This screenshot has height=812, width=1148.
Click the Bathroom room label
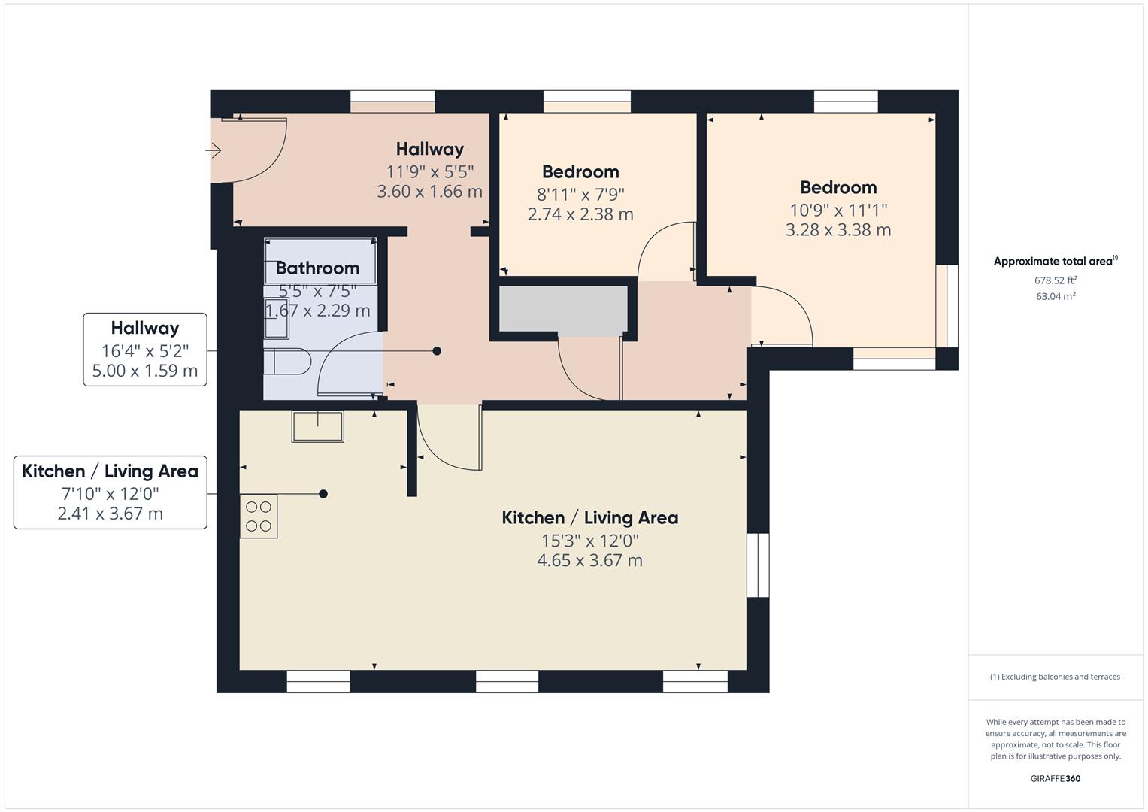(x=317, y=268)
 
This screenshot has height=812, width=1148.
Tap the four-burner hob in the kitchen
(x=259, y=517)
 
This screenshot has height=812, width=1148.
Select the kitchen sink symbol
(x=318, y=426)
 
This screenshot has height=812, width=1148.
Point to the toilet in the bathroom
(x=287, y=362)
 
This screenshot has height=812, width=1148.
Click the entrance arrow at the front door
(x=214, y=150)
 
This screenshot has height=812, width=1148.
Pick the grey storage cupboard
(x=563, y=308)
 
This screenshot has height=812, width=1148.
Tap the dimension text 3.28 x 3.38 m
(x=838, y=229)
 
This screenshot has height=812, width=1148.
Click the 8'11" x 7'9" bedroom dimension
(x=580, y=194)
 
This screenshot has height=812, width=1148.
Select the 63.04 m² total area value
(x=1056, y=296)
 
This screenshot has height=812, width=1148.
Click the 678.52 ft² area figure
(x=1056, y=280)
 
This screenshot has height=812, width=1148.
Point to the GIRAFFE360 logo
(x=1056, y=779)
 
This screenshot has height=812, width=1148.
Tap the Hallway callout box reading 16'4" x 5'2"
(x=145, y=350)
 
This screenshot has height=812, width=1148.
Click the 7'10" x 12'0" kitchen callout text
(x=111, y=494)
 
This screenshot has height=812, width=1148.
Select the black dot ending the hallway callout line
(x=437, y=351)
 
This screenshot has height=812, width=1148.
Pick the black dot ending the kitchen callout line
(x=323, y=494)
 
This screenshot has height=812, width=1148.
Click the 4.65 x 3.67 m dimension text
(x=590, y=560)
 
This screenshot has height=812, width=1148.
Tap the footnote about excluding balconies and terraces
(x=1056, y=677)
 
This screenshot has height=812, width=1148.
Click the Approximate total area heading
(x=1056, y=261)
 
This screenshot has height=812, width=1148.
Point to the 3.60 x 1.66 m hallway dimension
(x=429, y=191)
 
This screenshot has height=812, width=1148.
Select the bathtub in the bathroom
(x=320, y=260)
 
